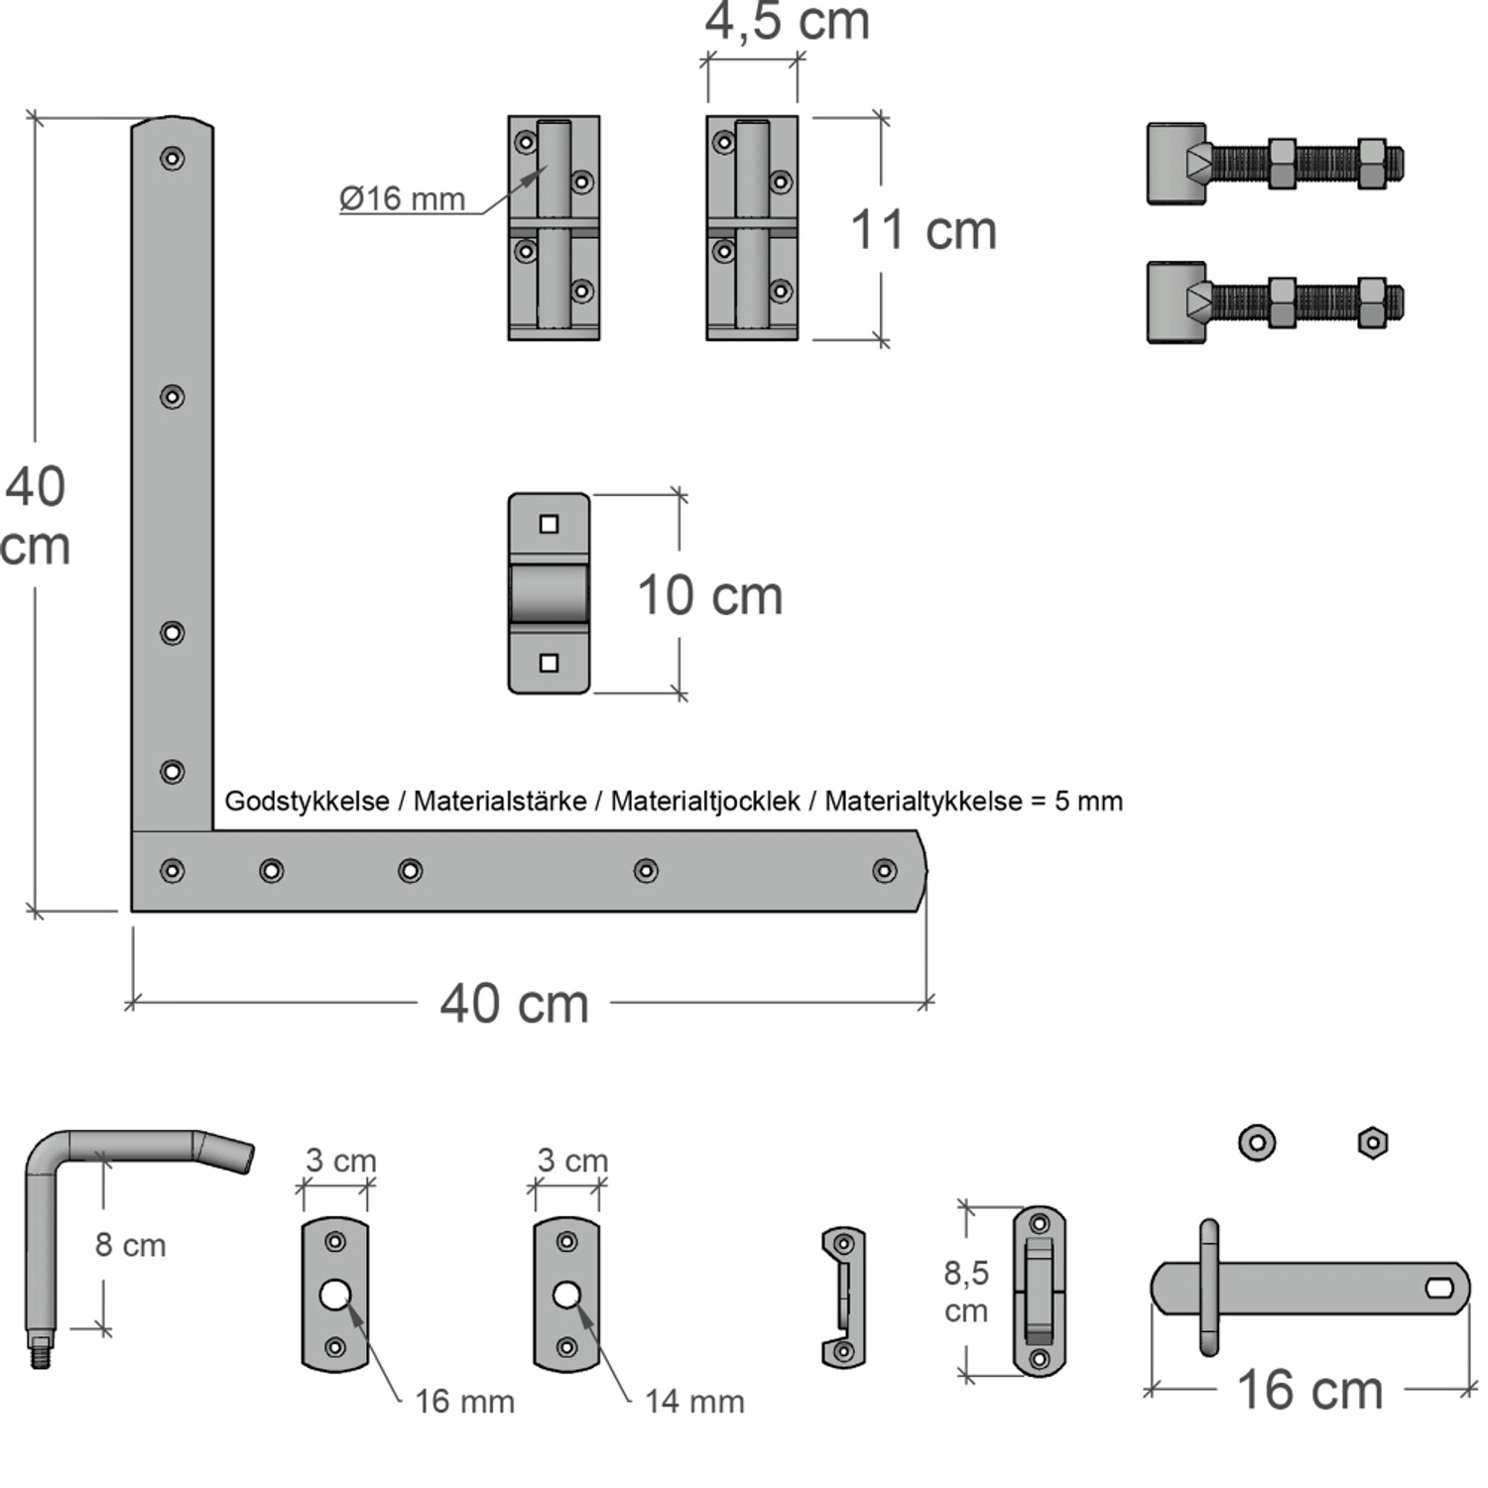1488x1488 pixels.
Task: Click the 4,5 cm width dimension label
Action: [788, 22]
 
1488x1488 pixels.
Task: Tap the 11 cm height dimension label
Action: [924, 230]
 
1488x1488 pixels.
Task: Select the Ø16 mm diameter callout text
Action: [402, 198]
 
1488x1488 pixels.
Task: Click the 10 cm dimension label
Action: [710, 595]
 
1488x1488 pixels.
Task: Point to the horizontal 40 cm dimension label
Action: [514, 1003]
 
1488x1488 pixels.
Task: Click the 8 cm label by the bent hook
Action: [130, 1245]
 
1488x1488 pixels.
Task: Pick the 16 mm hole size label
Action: [464, 1401]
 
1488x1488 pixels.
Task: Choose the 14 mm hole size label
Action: [694, 1401]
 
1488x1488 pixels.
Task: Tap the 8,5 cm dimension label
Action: [965, 1291]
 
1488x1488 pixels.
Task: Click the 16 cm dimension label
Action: [1309, 1390]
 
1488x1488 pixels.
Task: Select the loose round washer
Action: [1257, 1142]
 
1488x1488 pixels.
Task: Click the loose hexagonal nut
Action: [1372, 1143]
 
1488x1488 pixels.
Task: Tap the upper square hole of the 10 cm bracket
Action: [549, 524]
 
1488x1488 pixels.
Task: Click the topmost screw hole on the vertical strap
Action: [173, 159]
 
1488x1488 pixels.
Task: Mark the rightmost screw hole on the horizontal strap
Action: [884, 871]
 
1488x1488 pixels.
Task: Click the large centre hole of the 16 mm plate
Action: [334, 1294]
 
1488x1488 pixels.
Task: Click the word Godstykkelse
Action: [307, 802]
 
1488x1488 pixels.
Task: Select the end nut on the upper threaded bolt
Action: [1372, 164]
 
